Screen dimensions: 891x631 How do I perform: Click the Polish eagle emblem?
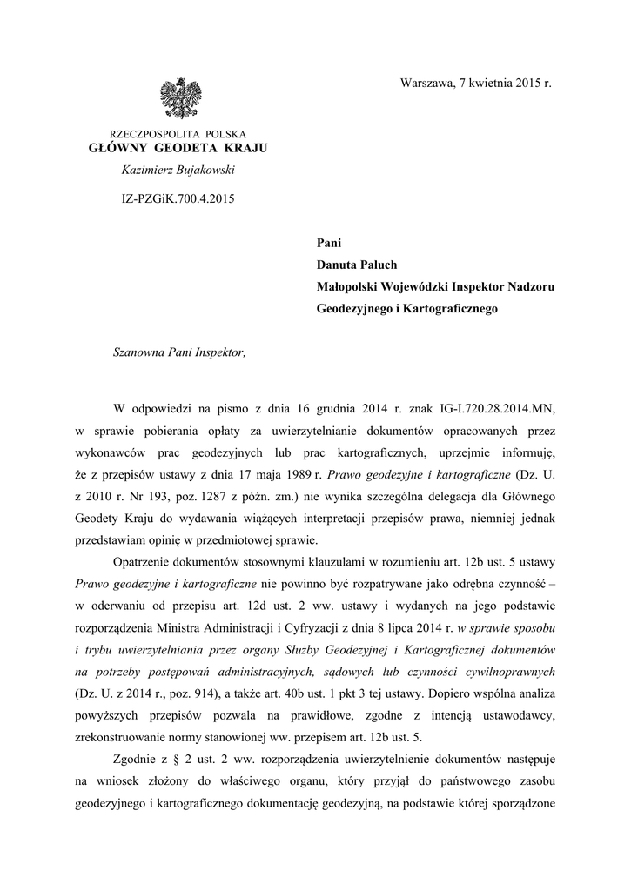[180, 99]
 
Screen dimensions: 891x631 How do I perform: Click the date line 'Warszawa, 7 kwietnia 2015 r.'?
[475, 84]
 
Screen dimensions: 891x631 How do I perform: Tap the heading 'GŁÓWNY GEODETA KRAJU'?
[178, 148]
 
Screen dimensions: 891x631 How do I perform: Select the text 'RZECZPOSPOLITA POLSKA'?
[178, 134]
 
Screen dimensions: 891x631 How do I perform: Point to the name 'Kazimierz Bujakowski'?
[178, 170]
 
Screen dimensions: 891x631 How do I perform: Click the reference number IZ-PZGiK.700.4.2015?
[178, 198]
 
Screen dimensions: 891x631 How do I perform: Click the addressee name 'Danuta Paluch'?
[357, 264]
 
